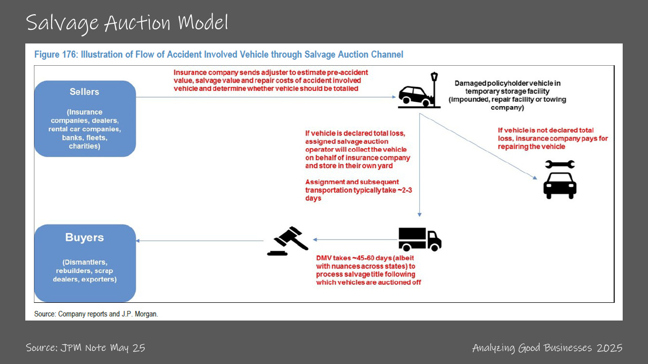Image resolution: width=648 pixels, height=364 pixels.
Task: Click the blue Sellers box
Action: coord(85,118)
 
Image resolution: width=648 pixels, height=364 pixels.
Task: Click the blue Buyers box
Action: coord(85,263)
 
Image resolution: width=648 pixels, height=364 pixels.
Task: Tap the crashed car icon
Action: coord(415,96)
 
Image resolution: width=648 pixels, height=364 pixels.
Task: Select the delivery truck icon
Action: coord(420,239)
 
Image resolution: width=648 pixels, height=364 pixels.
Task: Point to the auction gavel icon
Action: coord(288,241)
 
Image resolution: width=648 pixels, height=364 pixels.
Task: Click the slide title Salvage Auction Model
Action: coord(127,23)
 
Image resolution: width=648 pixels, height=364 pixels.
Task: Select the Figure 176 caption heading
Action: coord(219,55)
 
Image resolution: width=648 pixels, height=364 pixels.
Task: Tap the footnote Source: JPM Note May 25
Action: coord(85,348)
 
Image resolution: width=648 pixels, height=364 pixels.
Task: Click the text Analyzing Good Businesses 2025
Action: coord(547,348)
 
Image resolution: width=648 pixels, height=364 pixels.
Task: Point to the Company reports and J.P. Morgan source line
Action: coord(96,314)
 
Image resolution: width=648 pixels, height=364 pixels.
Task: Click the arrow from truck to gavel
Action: coord(354,240)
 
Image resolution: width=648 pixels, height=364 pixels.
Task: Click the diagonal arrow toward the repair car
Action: coord(478,147)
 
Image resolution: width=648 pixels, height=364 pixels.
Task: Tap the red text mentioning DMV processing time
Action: coord(368,270)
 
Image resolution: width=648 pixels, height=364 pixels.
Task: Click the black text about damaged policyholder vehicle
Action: coord(507,95)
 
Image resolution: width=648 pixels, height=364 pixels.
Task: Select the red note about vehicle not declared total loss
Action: coord(552,138)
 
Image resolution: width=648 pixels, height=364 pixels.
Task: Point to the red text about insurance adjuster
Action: coord(271,80)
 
